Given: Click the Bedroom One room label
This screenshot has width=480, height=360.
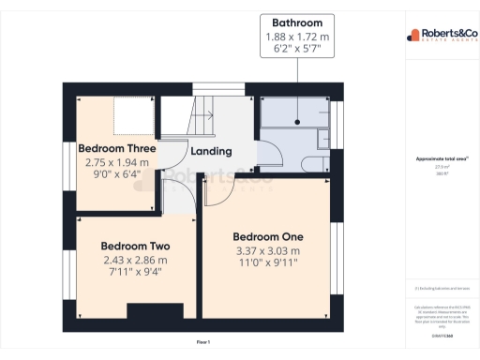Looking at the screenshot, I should point(267,236).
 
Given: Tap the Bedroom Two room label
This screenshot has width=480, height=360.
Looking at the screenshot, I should point(135,247).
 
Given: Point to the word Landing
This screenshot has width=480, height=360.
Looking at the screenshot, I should point(211,151).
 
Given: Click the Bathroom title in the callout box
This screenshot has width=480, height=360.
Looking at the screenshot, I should point(297,22).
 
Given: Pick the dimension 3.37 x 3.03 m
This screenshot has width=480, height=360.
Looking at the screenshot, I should point(267,251).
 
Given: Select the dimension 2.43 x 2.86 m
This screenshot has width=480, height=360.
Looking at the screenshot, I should point(135,261).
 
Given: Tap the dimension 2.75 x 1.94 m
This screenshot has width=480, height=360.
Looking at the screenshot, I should point(116,163).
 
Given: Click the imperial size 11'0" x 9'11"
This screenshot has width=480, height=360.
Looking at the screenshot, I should point(267,265).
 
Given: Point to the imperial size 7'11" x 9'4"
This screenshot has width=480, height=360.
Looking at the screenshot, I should point(135,274).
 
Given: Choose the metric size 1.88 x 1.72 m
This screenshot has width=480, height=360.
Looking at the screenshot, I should point(297,37).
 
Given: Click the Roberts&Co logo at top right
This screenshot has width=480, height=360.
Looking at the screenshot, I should point(440,36).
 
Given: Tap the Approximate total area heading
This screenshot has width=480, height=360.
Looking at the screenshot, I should point(440,159).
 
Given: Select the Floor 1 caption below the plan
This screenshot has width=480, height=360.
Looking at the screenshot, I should point(203,342).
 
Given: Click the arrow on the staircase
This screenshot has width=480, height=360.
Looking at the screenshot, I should point(207,115).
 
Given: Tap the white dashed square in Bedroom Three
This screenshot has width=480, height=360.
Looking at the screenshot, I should point(132,118).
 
